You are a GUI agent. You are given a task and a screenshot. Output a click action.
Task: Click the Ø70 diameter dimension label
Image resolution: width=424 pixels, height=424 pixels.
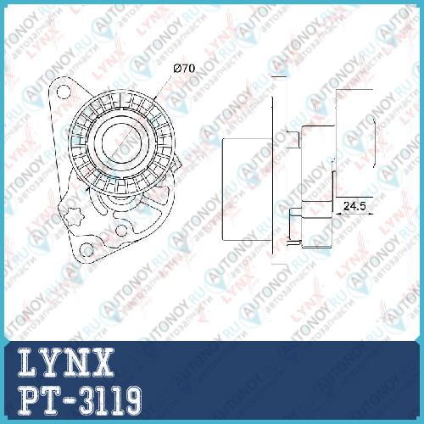click(185, 69)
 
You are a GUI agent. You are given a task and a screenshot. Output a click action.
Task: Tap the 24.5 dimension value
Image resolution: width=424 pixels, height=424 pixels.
click(354, 206)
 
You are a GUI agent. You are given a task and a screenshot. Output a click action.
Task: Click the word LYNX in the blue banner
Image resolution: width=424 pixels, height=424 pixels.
click(66, 363)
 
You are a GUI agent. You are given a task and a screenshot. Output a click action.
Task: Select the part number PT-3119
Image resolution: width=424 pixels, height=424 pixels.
click(80, 402)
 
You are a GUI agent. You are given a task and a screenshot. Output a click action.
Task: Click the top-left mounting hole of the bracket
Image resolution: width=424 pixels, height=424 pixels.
click(63, 92)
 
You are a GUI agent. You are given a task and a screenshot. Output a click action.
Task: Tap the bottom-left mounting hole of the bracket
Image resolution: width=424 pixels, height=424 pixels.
click(86, 250)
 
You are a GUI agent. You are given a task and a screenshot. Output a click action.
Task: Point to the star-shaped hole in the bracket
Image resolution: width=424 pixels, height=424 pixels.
click(74, 216)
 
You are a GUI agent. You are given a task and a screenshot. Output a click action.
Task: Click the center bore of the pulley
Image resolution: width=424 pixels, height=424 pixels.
click(120, 145)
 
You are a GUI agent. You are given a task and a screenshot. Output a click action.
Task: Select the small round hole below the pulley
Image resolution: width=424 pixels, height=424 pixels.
click(121, 231)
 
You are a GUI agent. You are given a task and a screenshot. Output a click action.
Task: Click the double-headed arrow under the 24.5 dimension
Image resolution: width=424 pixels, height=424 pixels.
click(353, 215)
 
